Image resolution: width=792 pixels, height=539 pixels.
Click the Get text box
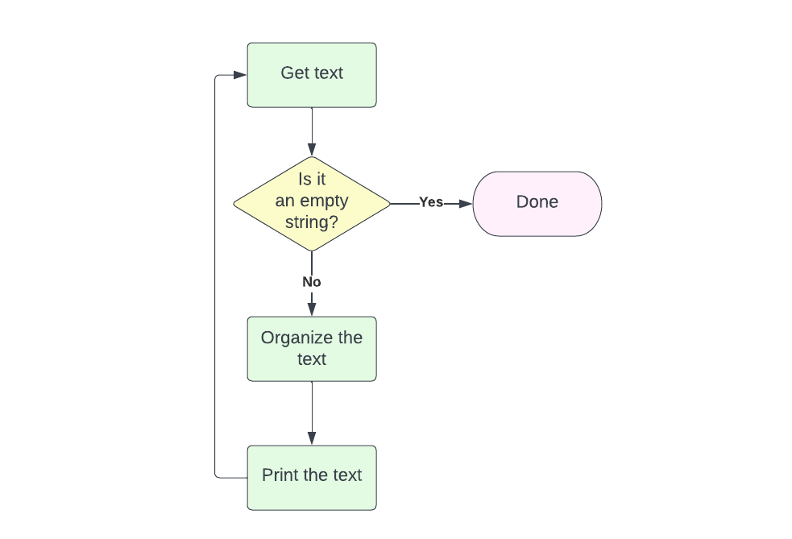click(x=311, y=75)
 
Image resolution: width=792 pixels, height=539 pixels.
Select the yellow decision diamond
click(x=311, y=203)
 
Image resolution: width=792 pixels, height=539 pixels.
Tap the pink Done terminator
click(x=537, y=203)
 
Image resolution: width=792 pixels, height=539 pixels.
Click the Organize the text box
click(x=311, y=348)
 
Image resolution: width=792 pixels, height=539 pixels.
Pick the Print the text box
click(x=311, y=477)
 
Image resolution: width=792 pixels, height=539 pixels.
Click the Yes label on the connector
click(x=430, y=202)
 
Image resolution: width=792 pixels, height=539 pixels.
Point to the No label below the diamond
click(x=311, y=282)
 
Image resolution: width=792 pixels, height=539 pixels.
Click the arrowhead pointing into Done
click(x=465, y=203)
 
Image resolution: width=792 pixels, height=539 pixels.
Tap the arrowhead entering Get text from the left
click(x=240, y=75)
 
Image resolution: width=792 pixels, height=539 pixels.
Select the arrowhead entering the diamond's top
click(x=311, y=149)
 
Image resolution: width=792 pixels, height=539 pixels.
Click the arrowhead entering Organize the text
click(x=311, y=309)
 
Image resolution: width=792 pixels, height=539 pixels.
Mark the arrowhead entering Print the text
click(x=311, y=438)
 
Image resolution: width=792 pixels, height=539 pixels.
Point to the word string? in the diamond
click(x=311, y=222)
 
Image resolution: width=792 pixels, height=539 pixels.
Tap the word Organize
click(x=289, y=338)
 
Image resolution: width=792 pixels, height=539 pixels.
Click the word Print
click(x=280, y=475)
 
